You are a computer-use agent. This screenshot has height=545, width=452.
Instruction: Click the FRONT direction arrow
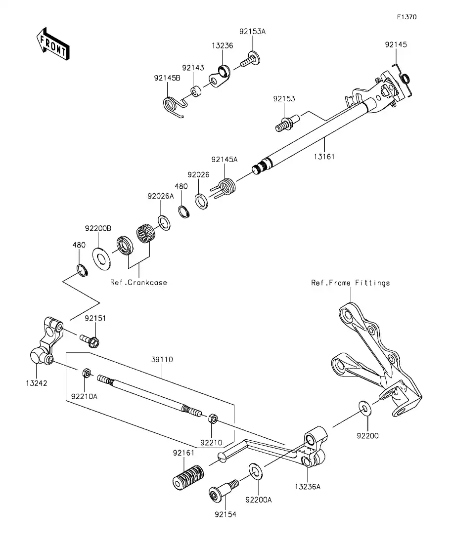[52, 44]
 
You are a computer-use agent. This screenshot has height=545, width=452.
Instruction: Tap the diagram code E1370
[407, 17]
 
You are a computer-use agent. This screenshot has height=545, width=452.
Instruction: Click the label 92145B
[167, 78]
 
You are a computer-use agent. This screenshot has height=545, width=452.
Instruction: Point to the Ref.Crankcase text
[139, 283]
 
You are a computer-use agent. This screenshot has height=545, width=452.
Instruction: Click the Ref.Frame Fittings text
[350, 283]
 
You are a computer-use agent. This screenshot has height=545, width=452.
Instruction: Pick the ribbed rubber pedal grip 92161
[188, 477]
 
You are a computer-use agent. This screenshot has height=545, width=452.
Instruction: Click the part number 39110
[163, 360]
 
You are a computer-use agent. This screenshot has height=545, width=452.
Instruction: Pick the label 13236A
[308, 487]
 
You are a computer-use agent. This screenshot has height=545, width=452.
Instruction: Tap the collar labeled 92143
[197, 92]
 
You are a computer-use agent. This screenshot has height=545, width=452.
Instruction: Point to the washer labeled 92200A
[255, 470]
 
